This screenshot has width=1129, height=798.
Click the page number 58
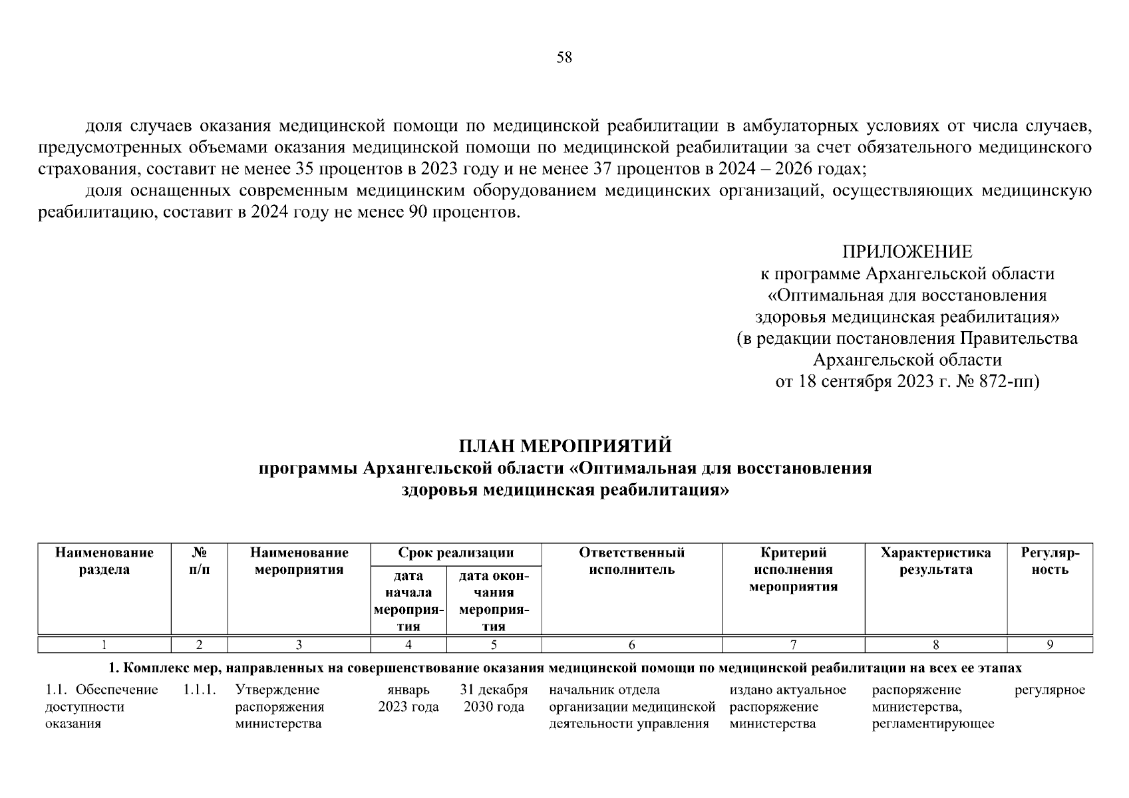pos(564,57)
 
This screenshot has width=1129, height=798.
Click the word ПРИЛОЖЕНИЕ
pos(907,252)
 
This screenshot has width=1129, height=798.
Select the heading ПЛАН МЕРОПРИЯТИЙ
pos(565,446)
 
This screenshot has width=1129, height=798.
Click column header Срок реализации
pos(456,553)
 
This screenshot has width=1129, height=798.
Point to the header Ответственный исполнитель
pos(631,561)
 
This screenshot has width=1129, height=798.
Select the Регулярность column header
pos(1050,561)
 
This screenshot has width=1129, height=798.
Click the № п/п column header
pos(199,561)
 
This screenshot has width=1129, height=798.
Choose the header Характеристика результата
pos(935,561)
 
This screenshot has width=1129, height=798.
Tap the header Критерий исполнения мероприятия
pos(793,570)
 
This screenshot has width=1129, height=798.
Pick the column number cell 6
pos(631,644)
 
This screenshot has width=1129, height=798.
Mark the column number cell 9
pos(1050,644)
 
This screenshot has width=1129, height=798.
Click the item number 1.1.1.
pos(200,690)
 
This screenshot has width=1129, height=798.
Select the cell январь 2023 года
pos(408,698)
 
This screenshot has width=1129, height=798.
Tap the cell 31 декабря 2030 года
pos(494,698)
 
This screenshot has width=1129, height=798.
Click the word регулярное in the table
pos(1049,690)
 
